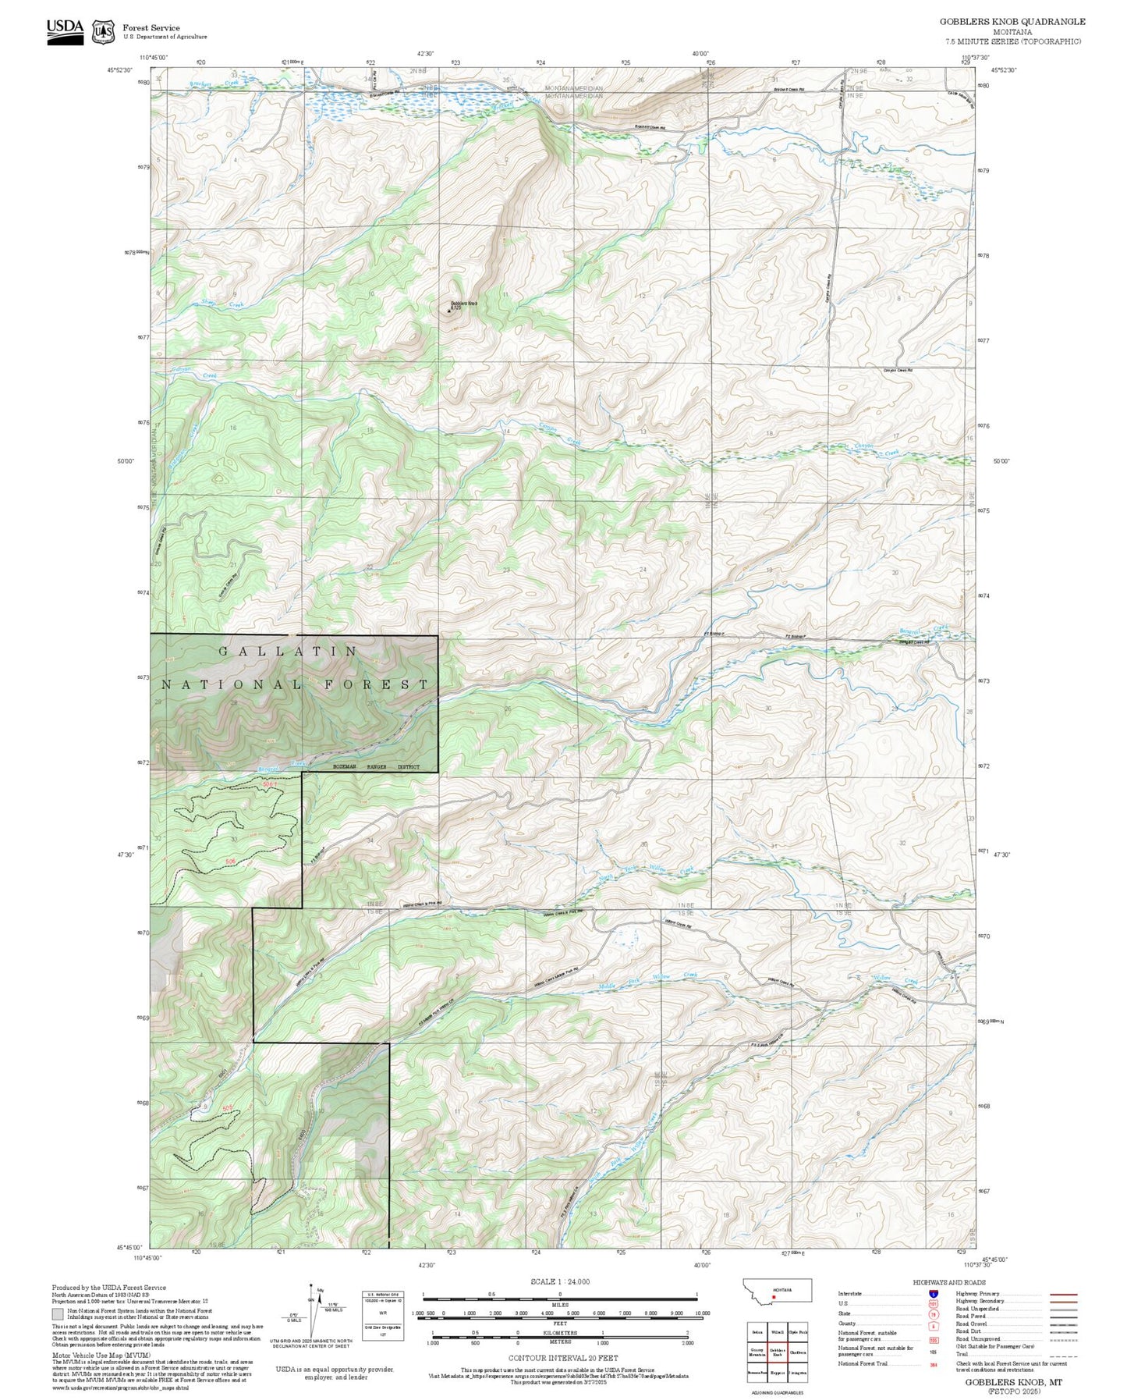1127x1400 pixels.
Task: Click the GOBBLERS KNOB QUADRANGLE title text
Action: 1012,21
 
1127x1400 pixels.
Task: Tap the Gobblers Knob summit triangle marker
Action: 449,311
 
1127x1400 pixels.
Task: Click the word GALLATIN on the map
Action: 289,651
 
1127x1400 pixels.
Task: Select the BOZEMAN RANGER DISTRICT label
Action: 376,767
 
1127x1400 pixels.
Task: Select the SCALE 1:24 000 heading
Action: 559,1281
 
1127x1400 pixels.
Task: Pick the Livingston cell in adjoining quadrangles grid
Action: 797,1371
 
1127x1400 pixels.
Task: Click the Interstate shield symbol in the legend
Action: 933,1293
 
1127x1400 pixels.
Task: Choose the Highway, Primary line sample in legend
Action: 1064,1294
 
